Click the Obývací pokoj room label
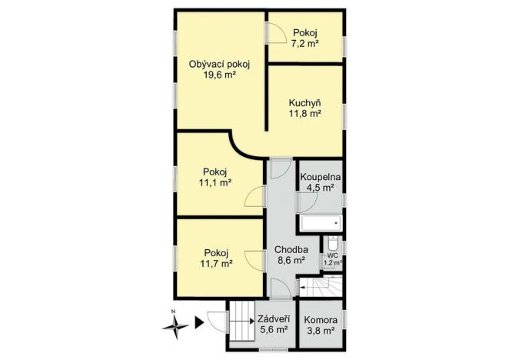pos(219,64)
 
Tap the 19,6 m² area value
pos(219,75)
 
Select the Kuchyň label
pos(304,102)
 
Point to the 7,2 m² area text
pos(304,44)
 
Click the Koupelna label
pos(320,176)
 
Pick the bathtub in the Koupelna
pos(319,225)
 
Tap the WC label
pos(332,255)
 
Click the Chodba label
pos(291,249)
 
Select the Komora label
pos(319,319)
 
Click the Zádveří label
pos(273,318)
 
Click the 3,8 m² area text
pos(319,331)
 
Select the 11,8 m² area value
pos(304,114)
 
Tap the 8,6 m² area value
pos(291,261)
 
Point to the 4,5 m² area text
pos(320,187)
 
